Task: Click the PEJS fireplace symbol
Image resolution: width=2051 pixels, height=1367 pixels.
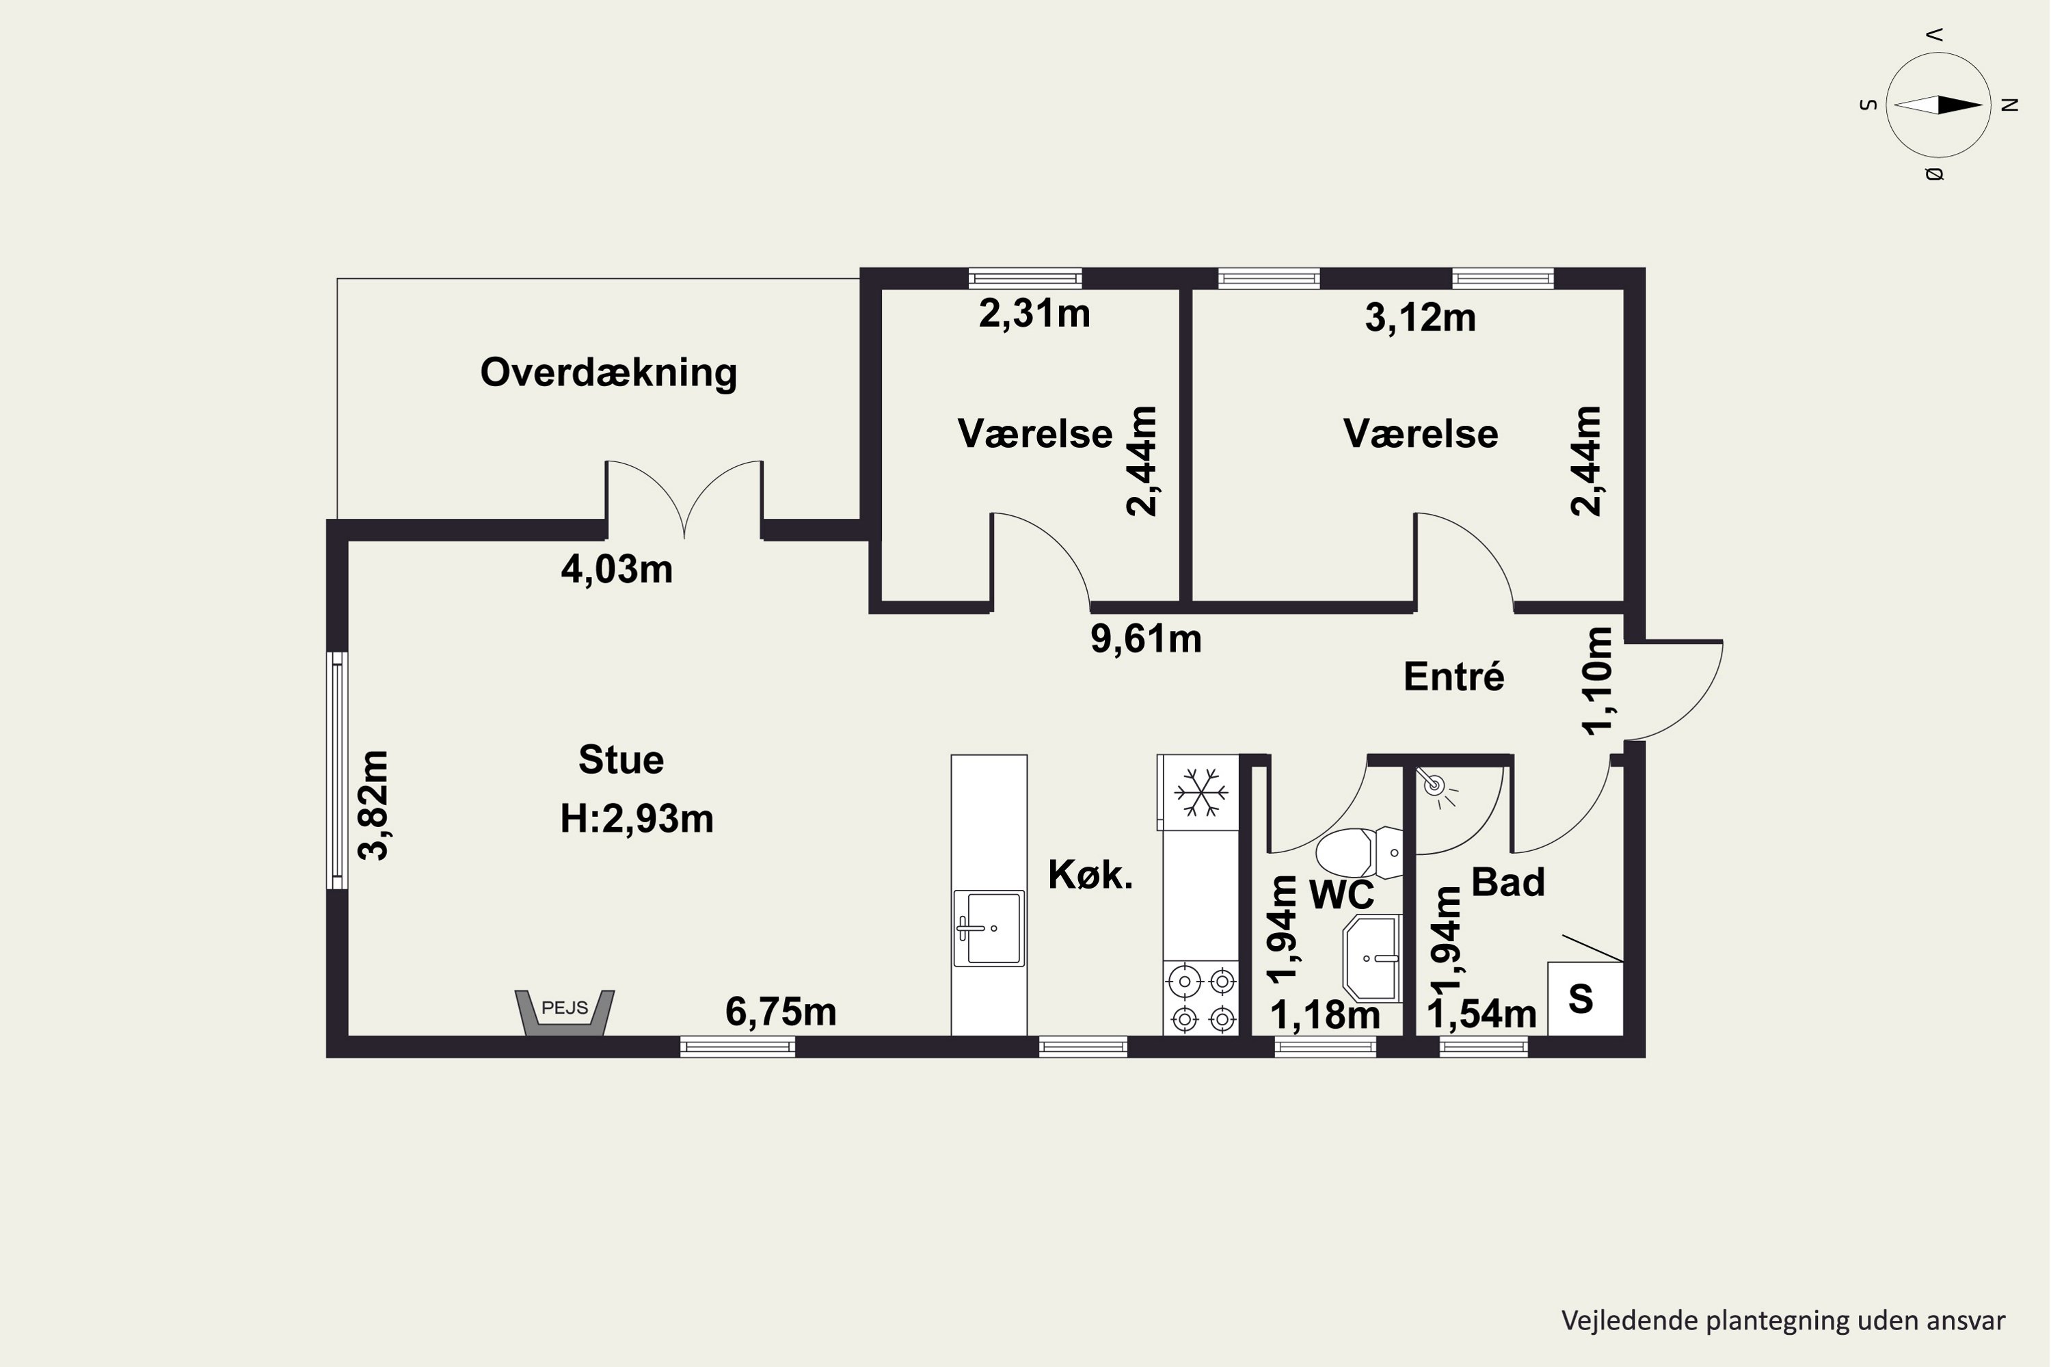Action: coord(565,1012)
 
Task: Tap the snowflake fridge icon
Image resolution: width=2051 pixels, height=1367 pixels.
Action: coord(1201,792)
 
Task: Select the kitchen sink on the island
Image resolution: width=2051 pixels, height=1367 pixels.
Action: coord(989,928)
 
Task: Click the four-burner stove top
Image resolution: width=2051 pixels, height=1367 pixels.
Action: coord(1201,998)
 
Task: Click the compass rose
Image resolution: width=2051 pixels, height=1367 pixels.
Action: coord(1938,105)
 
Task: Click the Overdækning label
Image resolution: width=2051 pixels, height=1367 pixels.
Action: coord(608,373)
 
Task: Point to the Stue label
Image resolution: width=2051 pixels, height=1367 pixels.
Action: coord(621,759)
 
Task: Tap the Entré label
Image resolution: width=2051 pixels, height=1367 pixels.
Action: coord(1453,676)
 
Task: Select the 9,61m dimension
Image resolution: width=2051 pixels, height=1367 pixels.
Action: coord(1146,639)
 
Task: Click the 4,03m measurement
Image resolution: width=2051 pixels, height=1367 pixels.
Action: coord(617,569)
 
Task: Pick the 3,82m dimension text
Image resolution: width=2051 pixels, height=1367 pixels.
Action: coord(373,806)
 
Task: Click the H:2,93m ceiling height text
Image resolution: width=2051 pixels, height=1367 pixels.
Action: coord(636,819)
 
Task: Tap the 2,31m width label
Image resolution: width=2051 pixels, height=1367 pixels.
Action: coord(1034,313)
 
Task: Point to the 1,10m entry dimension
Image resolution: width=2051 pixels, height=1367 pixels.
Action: coord(1598,681)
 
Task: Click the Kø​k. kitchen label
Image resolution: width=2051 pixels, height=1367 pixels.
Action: coord(1090,874)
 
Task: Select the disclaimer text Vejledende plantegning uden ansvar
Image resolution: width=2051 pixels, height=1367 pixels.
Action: coord(1783,1321)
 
